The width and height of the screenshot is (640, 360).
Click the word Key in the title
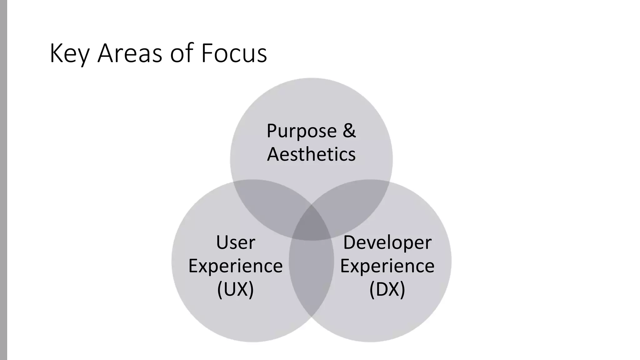69,54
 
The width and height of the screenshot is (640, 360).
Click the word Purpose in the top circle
301,131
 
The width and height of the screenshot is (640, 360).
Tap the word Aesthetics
311,154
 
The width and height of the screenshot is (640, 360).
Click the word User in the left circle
236,242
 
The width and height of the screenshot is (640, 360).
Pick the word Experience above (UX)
236,266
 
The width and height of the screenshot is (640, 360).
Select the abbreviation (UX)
236,289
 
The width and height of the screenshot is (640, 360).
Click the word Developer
387,242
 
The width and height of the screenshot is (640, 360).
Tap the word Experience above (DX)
387,266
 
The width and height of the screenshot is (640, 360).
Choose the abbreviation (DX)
387,289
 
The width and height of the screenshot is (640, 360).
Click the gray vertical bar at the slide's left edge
3,180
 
